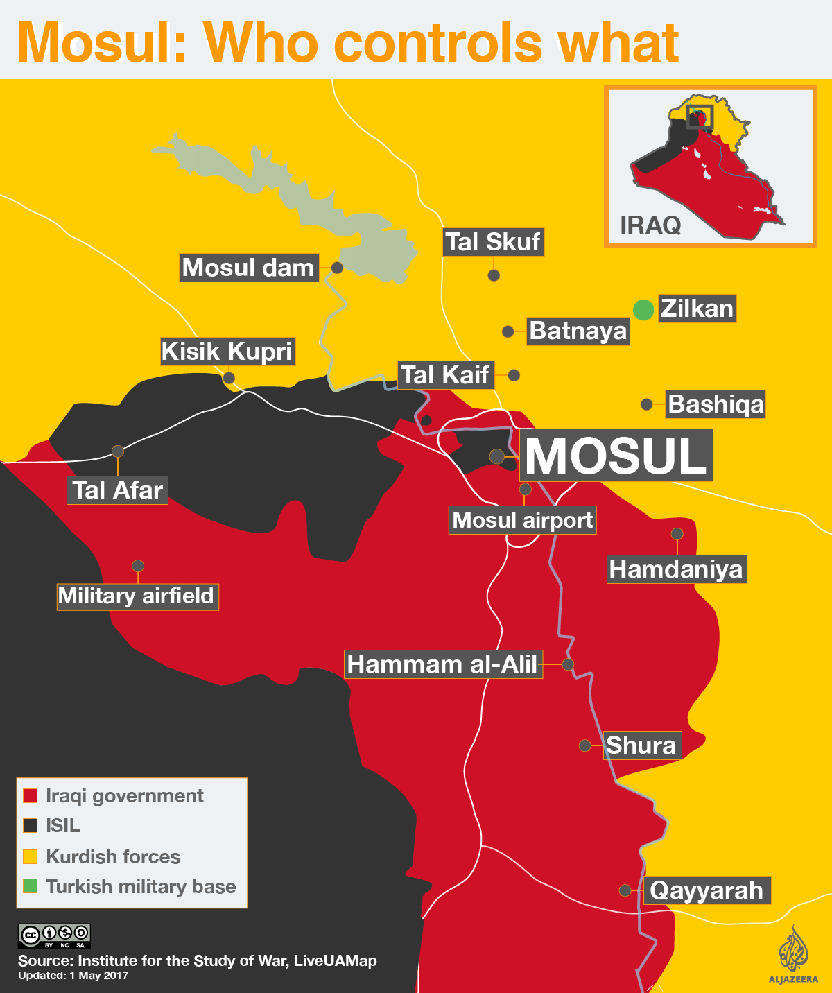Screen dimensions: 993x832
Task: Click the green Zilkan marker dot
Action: click(x=643, y=309)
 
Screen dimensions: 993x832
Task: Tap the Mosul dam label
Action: click(x=249, y=268)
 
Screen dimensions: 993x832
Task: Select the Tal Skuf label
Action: click(x=493, y=242)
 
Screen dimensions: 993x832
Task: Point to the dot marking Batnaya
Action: click(x=508, y=331)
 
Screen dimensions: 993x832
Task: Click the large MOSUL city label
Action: click(x=616, y=456)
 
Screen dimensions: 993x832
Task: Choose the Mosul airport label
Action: click(x=523, y=520)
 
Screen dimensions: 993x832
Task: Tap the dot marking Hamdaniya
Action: click(x=677, y=534)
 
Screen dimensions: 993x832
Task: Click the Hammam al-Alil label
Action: click(x=443, y=664)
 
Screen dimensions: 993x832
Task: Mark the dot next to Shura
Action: click(x=584, y=745)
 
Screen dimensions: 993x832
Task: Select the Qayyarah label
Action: click(x=707, y=890)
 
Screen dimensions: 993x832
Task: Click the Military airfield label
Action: click(x=137, y=596)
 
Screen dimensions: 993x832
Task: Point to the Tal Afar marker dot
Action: click(x=118, y=451)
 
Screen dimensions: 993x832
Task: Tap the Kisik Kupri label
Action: click(x=227, y=352)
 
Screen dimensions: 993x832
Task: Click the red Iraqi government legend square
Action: click(x=30, y=795)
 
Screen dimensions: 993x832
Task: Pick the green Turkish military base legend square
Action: click(x=30, y=886)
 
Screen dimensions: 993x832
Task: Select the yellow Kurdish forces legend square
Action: click(x=30, y=856)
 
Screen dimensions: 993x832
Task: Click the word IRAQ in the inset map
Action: click(x=650, y=225)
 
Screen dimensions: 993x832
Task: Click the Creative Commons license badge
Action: click(x=54, y=935)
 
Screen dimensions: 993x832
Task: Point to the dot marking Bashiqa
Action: click(x=646, y=404)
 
